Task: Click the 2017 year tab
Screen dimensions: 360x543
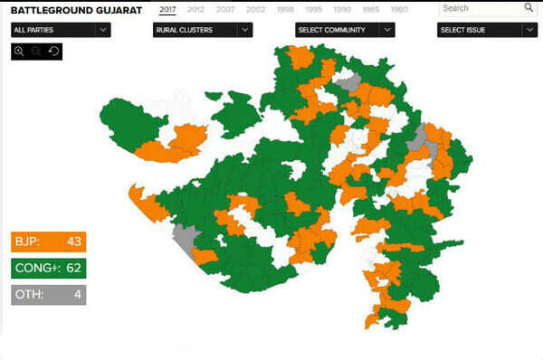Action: coord(167,9)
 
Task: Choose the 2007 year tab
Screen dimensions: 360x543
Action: coord(225,9)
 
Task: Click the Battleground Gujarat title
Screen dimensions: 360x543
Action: coord(76,9)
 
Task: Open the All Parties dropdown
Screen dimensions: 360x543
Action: coord(62,29)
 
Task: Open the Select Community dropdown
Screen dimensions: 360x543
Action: coord(345,29)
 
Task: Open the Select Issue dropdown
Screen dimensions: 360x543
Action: coord(487,29)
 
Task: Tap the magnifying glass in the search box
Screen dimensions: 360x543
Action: coord(529,8)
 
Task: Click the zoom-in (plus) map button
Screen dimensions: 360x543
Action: coord(19,52)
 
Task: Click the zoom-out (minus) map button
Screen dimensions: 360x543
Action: coord(36,52)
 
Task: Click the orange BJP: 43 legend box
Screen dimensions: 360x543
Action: coord(48,242)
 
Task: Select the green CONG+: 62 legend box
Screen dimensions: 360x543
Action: coord(48,269)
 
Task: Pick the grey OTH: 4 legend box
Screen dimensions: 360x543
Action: coord(48,295)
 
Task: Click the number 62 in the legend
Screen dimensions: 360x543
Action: coord(73,269)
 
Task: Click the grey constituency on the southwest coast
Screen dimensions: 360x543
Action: coord(185,240)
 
